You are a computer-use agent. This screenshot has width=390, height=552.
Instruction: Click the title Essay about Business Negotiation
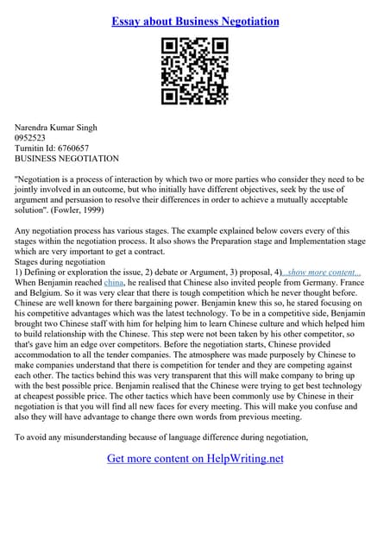pos(195,20)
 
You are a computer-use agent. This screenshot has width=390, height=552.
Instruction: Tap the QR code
pos(195,72)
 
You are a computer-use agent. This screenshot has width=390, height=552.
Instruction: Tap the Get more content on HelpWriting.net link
pos(195,459)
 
